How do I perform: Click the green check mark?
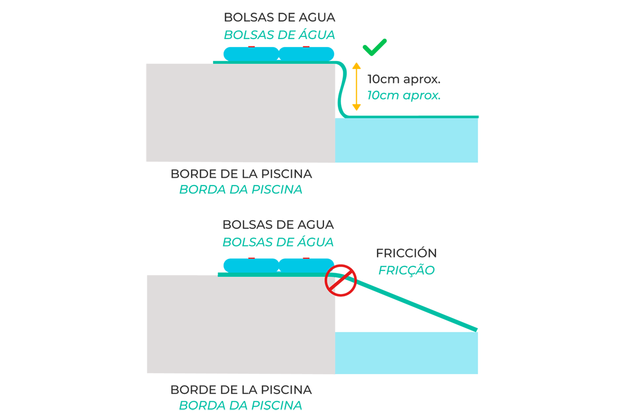[374, 47]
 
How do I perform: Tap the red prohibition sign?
[340, 280]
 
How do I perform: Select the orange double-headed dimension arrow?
[356, 87]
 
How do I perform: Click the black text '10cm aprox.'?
[404, 80]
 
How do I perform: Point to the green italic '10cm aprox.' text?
[404, 95]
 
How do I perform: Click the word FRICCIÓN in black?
[406, 253]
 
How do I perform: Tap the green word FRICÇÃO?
[406, 271]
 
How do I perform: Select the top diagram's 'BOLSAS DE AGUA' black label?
[279, 17]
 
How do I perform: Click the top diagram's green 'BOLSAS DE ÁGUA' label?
[279, 35]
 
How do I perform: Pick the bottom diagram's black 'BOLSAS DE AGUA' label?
[278, 225]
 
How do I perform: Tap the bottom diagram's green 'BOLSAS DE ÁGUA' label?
[278, 242]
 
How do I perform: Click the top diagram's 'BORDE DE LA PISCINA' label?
[241, 173]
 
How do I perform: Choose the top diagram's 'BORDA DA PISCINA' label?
[241, 189]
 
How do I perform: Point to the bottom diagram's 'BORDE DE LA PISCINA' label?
[241, 389]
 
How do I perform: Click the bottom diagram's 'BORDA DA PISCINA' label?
[241, 406]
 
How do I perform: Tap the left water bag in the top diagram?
[251, 54]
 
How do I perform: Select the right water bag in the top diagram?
[307, 54]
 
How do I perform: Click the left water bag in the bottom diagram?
[251, 265]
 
